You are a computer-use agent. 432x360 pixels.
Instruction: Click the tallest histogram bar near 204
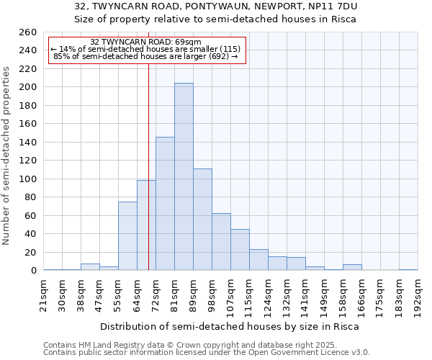pyautogui.click(x=184, y=176)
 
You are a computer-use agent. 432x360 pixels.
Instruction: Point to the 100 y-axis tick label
pyautogui.click(x=28, y=179)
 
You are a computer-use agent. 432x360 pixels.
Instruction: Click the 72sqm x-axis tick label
pyautogui.click(x=156, y=294)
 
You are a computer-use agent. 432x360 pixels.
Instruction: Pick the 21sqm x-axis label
pyautogui.click(x=45, y=294)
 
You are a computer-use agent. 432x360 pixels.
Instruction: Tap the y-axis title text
pyautogui.click(x=7, y=156)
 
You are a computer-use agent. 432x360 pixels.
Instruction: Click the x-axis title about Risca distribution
pyautogui.click(x=229, y=326)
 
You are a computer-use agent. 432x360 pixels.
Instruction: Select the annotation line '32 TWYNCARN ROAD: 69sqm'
pyautogui.click(x=146, y=42)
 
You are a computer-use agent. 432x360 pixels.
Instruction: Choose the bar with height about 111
pyautogui.click(x=202, y=220)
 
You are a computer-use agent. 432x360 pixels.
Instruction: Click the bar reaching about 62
pyautogui.click(x=221, y=242)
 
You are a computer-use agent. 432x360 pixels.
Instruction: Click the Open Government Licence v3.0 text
pyautogui.click(x=317, y=352)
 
